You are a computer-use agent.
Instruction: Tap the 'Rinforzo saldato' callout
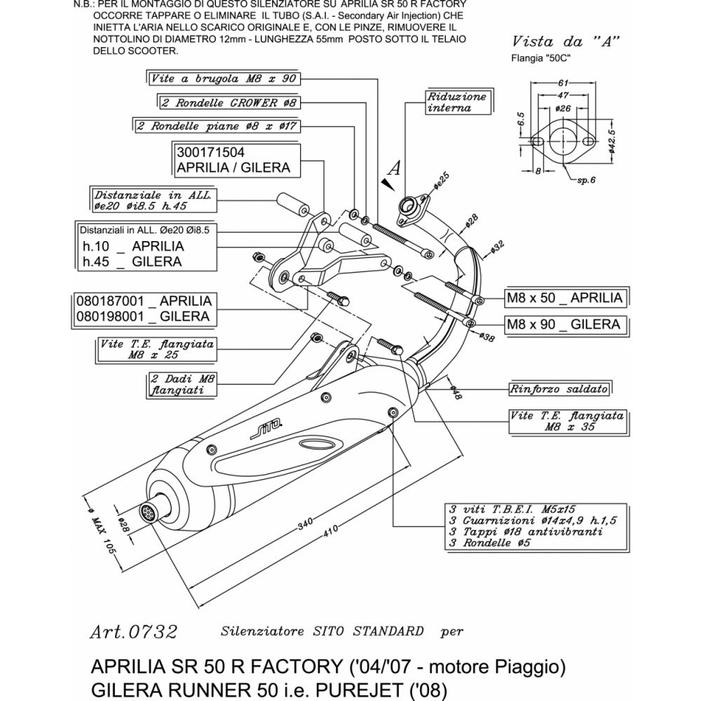[559, 388]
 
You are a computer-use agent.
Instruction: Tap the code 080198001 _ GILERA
[143, 316]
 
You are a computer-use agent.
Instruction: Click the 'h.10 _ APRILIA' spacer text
[133, 246]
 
